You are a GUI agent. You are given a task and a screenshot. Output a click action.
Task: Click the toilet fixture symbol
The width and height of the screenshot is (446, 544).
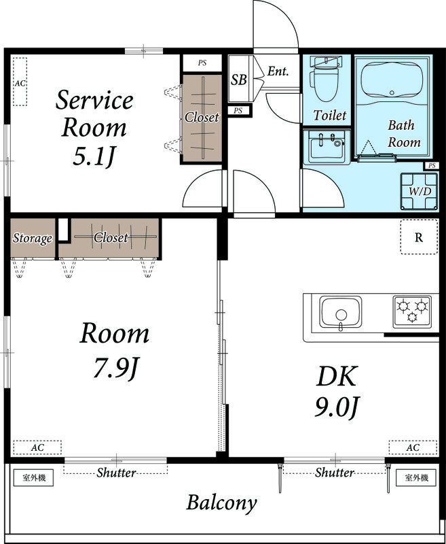326,79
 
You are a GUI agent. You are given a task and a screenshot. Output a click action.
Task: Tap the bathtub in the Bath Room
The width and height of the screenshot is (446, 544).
392,80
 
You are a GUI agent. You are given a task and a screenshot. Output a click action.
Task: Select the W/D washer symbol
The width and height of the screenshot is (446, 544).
420,192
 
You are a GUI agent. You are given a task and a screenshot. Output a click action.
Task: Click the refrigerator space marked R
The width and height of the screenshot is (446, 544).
419,237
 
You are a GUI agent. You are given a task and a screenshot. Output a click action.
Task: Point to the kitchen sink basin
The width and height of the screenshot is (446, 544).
340,312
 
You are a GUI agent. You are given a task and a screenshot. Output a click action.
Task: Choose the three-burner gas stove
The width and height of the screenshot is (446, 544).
412,311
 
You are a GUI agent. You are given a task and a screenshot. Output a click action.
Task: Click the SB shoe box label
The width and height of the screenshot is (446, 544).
239,80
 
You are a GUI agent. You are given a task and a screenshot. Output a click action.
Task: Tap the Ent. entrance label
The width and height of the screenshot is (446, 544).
278,71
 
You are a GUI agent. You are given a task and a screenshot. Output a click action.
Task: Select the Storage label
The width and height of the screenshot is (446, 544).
33,239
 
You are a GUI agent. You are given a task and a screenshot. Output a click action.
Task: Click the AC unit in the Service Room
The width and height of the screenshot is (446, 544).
20,82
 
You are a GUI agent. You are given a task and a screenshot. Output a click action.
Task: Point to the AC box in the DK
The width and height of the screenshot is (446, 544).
413,447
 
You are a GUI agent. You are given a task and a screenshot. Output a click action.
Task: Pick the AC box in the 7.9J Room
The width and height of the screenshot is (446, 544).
37,447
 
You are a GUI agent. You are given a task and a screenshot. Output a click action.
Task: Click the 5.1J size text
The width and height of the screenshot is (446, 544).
94,157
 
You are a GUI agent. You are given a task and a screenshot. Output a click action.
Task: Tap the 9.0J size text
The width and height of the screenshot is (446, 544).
336,407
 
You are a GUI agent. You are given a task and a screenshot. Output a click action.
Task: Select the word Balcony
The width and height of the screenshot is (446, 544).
221,503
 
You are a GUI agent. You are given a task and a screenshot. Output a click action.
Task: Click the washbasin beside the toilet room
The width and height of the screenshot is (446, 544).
327,147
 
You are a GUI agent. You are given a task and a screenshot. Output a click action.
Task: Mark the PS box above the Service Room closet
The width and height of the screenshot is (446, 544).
202,63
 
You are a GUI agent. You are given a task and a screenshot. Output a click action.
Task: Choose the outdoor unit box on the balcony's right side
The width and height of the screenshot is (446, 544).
416,478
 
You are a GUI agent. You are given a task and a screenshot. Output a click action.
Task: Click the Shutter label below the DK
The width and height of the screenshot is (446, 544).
335,473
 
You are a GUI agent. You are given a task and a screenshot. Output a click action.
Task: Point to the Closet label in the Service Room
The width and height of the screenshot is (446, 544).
202,117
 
